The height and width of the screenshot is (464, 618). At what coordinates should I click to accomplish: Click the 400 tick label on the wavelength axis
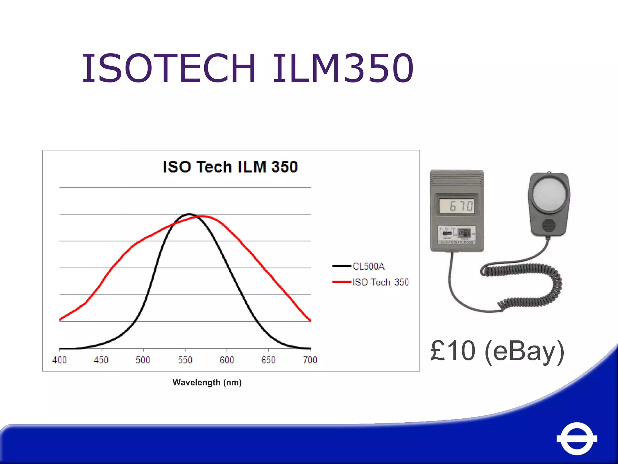tap(59, 360)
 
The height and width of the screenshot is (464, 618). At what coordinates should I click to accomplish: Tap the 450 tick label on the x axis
tap(101, 360)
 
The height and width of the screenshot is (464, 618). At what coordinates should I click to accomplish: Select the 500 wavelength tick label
tap(143, 360)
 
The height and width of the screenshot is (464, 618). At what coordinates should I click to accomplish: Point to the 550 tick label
tap(185, 360)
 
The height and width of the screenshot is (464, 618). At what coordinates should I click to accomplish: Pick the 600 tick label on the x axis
tap(227, 360)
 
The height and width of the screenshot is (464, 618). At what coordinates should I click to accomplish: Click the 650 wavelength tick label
tap(268, 360)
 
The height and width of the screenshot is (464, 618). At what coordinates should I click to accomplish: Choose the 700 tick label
tap(310, 360)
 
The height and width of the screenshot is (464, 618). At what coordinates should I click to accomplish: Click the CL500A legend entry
tap(368, 266)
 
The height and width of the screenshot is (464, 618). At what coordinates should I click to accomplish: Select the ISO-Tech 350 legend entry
tap(380, 282)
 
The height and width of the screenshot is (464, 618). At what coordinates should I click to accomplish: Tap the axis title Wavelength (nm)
tap(207, 382)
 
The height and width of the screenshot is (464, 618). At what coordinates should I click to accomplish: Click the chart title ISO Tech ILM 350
tap(230, 167)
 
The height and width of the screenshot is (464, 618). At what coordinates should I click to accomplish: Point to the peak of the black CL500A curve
tap(189, 214)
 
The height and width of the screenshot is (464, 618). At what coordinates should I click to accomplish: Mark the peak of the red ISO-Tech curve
tap(203, 216)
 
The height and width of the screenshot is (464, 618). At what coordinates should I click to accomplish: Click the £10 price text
tap(453, 351)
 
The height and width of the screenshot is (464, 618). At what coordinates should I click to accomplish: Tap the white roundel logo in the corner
tap(577, 438)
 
